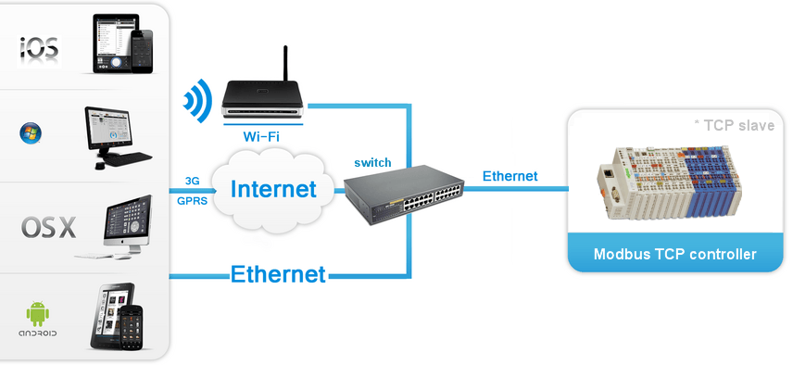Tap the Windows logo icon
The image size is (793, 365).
tap(30, 133)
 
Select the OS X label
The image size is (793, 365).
tap(47, 228)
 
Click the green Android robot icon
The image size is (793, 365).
tap(38, 309)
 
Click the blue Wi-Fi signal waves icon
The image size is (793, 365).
tap(195, 100)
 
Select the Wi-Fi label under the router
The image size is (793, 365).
tap(262, 136)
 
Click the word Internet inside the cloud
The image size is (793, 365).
tap(273, 190)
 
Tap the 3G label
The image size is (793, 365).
tap(193, 181)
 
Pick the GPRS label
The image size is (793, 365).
tap(193, 198)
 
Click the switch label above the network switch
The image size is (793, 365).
tap(372, 162)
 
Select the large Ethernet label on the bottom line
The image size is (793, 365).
tap(278, 274)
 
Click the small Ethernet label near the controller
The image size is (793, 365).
tap(510, 176)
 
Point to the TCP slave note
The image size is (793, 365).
tap(734, 125)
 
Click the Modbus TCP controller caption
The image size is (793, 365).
tap(674, 254)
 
